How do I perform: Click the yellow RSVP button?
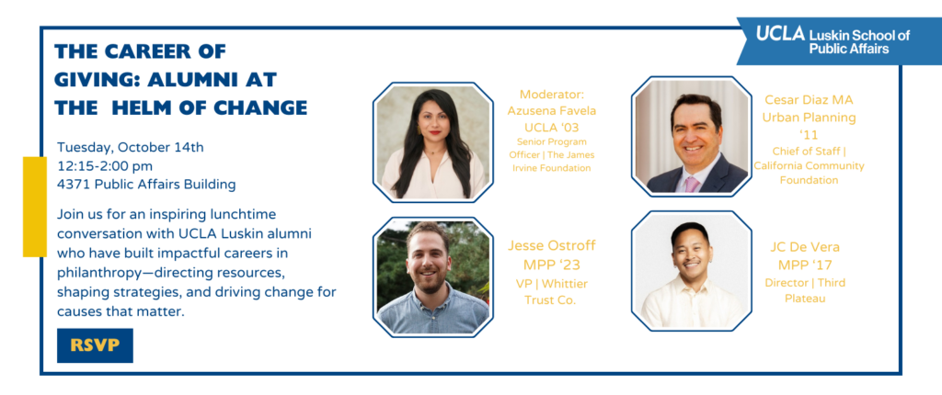(x=95, y=345)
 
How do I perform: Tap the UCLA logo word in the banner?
(x=780, y=34)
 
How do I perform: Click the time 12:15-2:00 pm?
(x=105, y=165)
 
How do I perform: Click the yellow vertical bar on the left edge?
(x=35, y=207)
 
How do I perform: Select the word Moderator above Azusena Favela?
(x=552, y=95)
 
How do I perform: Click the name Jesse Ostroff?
(x=552, y=245)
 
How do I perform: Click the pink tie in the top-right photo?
(x=692, y=184)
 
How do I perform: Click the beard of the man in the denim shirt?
(x=429, y=280)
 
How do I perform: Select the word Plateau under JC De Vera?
(x=804, y=298)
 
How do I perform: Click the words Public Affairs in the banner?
(x=849, y=49)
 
